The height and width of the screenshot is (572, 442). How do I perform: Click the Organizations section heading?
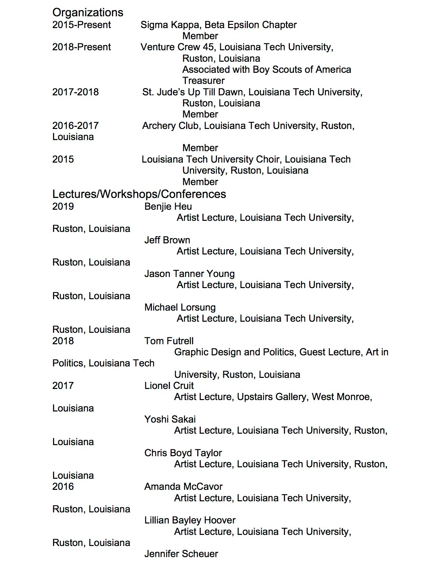(x=88, y=12)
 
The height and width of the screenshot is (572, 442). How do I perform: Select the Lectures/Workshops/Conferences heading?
(x=139, y=194)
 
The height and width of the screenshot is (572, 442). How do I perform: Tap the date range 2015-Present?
(x=81, y=25)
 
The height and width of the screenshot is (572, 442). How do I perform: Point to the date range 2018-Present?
(x=81, y=47)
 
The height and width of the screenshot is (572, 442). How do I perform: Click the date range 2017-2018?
(x=76, y=92)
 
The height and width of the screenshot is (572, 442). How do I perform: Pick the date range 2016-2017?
(x=76, y=126)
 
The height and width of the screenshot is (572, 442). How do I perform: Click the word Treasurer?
(x=203, y=81)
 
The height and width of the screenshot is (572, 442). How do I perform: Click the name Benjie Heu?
(x=168, y=207)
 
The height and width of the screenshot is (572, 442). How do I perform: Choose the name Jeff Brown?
(x=167, y=240)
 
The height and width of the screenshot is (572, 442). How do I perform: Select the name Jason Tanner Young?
(x=190, y=274)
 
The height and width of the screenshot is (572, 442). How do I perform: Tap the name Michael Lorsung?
(x=180, y=307)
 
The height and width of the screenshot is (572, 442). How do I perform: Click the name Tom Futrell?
(x=169, y=341)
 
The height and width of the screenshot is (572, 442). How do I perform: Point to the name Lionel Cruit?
(x=169, y=386)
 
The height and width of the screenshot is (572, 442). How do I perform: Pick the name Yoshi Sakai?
(x=170, y=419)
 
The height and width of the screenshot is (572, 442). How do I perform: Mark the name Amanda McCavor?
(x=183, y=487)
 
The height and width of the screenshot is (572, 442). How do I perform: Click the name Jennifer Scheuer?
(x=181, y=554)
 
